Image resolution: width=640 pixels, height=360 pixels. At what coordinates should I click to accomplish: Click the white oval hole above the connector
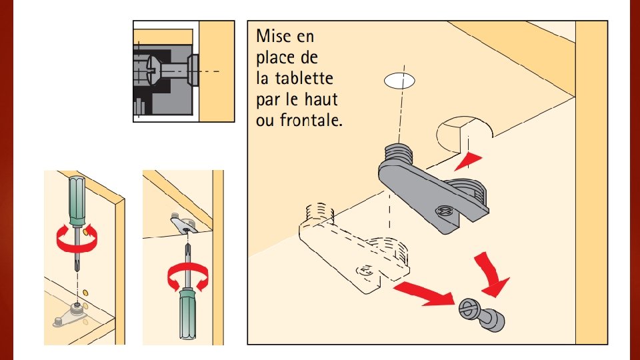(x=399, y=81)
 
